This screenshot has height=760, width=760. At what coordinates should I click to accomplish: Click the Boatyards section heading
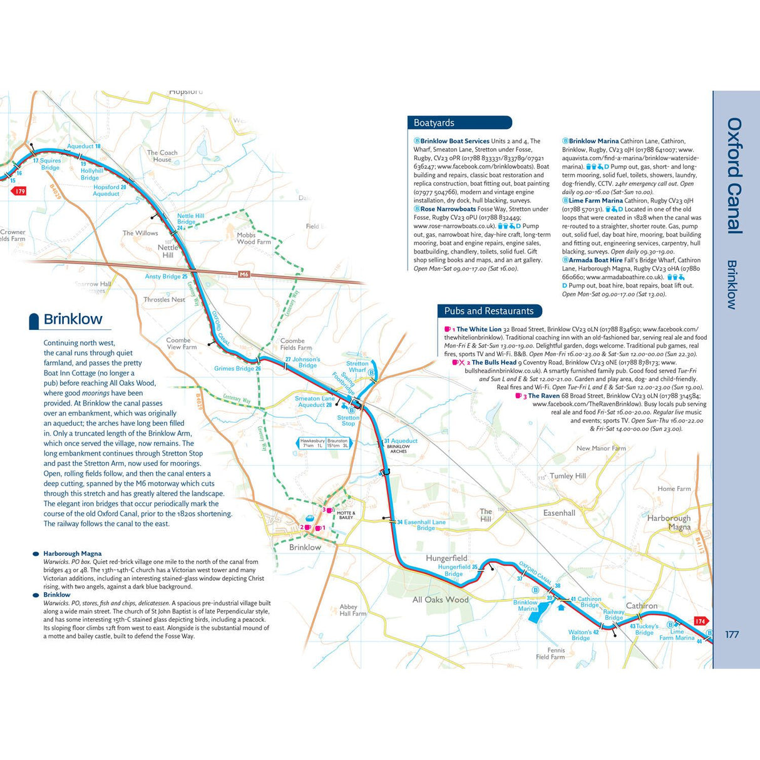coord(434,123)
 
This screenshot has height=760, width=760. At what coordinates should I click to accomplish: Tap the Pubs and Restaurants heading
coord(488,311)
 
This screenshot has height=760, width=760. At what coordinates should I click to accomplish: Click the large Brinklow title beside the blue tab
coord(73,319)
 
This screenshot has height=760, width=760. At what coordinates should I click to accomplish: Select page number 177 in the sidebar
coord(732,634)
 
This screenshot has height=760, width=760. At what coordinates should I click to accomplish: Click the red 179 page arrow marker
coord(20,191)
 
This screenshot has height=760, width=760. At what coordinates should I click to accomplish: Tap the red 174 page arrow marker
coord(700,621)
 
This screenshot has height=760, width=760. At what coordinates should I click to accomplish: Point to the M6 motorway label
coord(244,274)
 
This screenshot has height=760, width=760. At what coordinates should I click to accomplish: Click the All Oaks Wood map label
coord(440,600)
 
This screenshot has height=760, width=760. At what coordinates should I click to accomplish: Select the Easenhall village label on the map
coord(559,513)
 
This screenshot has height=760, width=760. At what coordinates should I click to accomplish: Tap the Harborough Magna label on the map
coord(669,522)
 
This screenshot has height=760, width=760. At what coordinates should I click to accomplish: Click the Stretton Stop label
coord(348,420)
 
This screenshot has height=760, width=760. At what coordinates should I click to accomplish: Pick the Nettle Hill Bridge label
coord(190,219)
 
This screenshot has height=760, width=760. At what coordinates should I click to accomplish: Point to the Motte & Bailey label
coord(346,515)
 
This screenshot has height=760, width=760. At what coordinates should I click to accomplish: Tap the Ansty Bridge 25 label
coord(166,276)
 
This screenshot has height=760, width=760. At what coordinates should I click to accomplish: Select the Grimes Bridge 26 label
coord(237,369)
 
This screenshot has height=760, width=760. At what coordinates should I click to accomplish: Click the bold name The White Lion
coord(478,329)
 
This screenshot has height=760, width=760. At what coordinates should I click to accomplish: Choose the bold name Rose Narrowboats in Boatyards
coord(448,209)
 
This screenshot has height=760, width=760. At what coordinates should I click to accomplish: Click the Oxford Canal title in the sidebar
coord(734,176)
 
